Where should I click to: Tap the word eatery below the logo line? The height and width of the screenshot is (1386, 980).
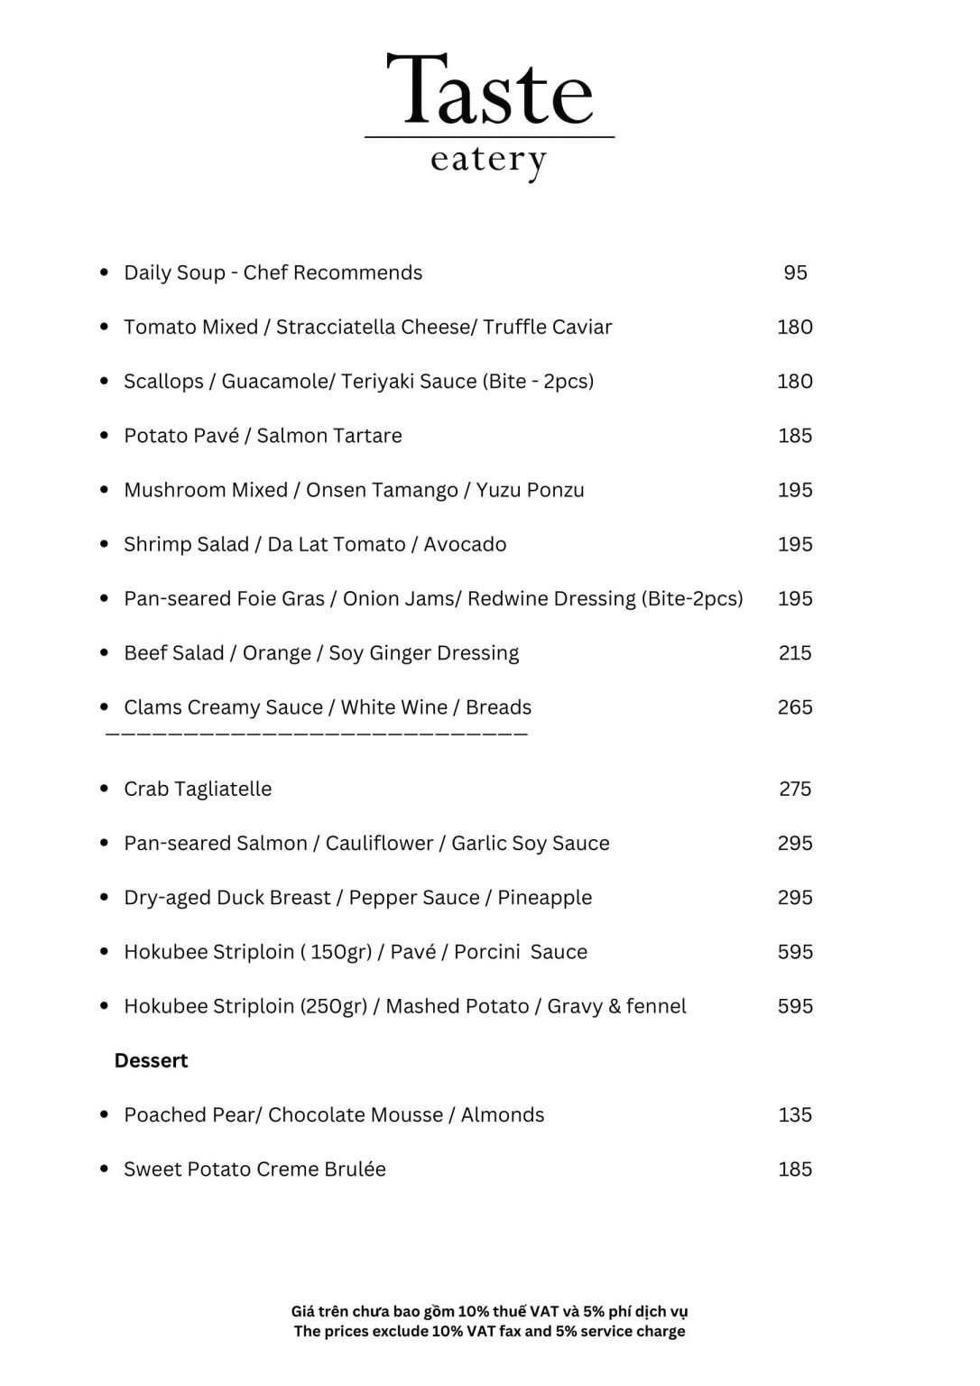[488, 161]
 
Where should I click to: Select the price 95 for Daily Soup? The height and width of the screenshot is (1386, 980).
[795, 273]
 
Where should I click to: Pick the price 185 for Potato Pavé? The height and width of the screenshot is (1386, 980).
[795, 436]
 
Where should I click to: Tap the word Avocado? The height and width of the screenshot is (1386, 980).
[465, 544]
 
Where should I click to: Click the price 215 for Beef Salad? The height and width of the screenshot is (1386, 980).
[795, 652]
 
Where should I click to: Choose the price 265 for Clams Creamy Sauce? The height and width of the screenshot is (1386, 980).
[795, 707]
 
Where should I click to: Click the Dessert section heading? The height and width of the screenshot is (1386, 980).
[151, 1060]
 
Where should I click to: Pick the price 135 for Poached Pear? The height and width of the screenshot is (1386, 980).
[795, 1115]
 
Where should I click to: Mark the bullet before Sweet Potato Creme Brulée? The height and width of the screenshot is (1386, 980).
[105, 1169]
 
